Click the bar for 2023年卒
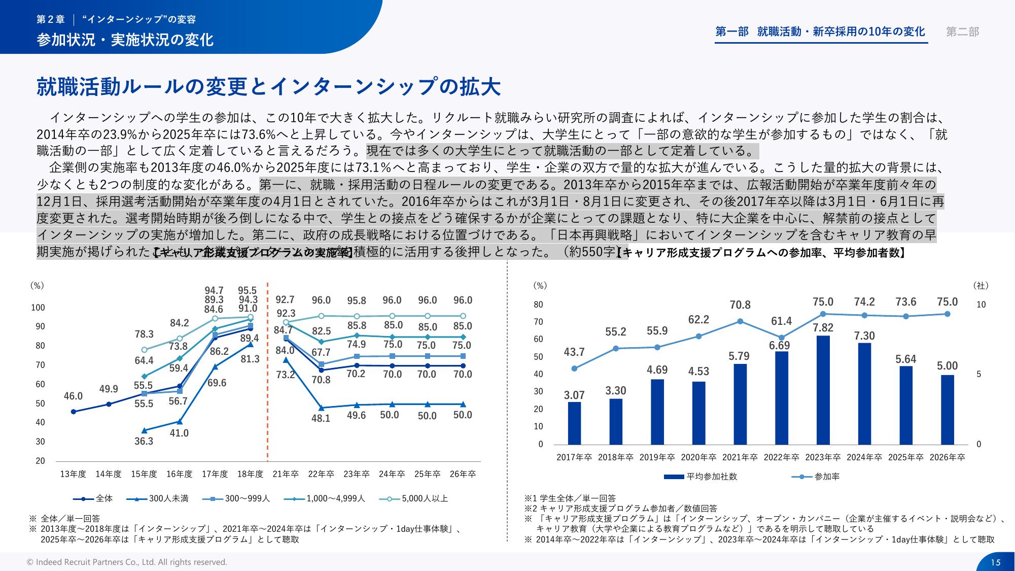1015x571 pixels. click(x=823, y=390)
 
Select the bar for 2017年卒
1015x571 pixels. click(x=574, y=423)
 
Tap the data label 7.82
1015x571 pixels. click(x=823, y=328)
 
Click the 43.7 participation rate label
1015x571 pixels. click(x=574, y=352)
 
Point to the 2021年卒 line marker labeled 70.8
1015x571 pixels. click(x=740, y=321)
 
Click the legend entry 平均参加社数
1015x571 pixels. click(x=701, y=477)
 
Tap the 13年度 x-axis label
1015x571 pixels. click(x=73, y=474)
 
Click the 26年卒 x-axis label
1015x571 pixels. click(x=463, y=474)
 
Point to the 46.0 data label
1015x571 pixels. click(x=73, y=396)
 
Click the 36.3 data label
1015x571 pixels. click(x=144, y=441)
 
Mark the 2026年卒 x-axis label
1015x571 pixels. click(x=947, y=457)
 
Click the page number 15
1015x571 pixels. click(x=995, y=562)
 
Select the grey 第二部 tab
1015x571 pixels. click(x=962, y=32)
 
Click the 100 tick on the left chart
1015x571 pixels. click(x=38, y=308)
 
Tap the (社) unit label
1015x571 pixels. click(x=981, y=286)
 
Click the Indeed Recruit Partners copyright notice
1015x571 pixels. click(x=127, y=562)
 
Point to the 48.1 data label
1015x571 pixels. click(x=321, y=418)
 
